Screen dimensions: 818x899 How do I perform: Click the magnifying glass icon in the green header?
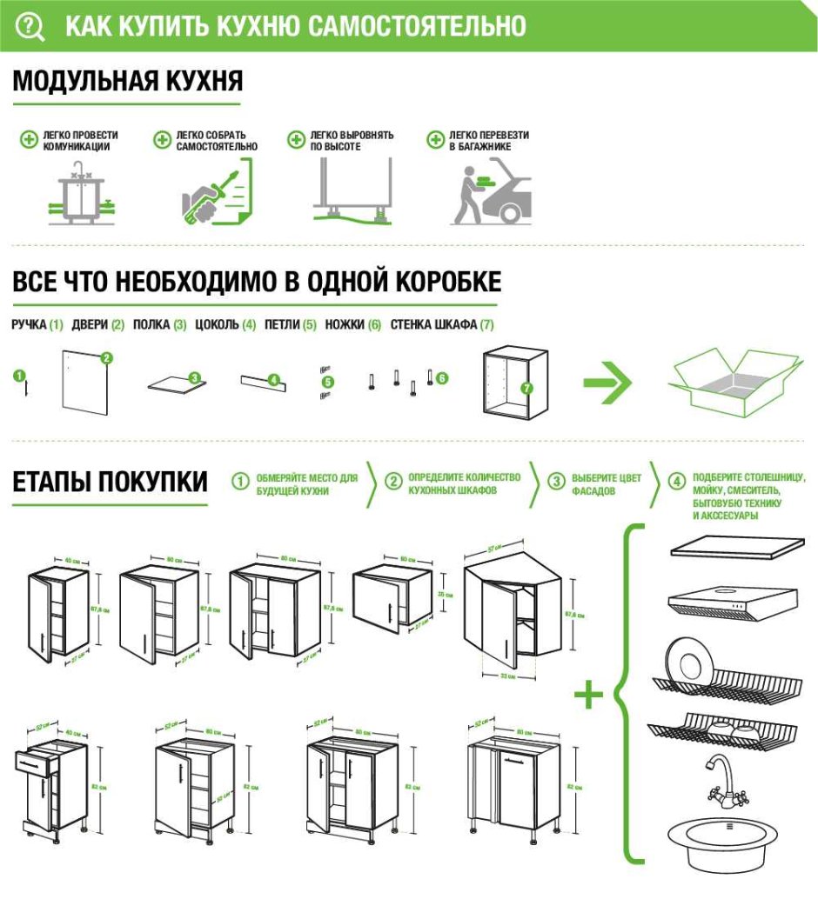tap(31, 26)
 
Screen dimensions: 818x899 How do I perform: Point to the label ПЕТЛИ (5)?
tap(291, 325)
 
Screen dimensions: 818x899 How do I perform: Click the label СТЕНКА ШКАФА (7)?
tap(442, 325)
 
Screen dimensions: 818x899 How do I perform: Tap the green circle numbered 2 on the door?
tap(107, 357)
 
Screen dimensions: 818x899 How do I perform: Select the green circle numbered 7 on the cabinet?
tap(526, 389)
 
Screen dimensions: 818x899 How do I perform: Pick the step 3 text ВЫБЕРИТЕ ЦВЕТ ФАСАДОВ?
tap(607, 485)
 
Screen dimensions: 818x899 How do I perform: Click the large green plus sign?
tap(590, 695)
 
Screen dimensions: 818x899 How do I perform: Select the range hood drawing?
tap(733, 601)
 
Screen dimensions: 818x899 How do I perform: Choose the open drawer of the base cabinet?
tap(37, 761)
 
